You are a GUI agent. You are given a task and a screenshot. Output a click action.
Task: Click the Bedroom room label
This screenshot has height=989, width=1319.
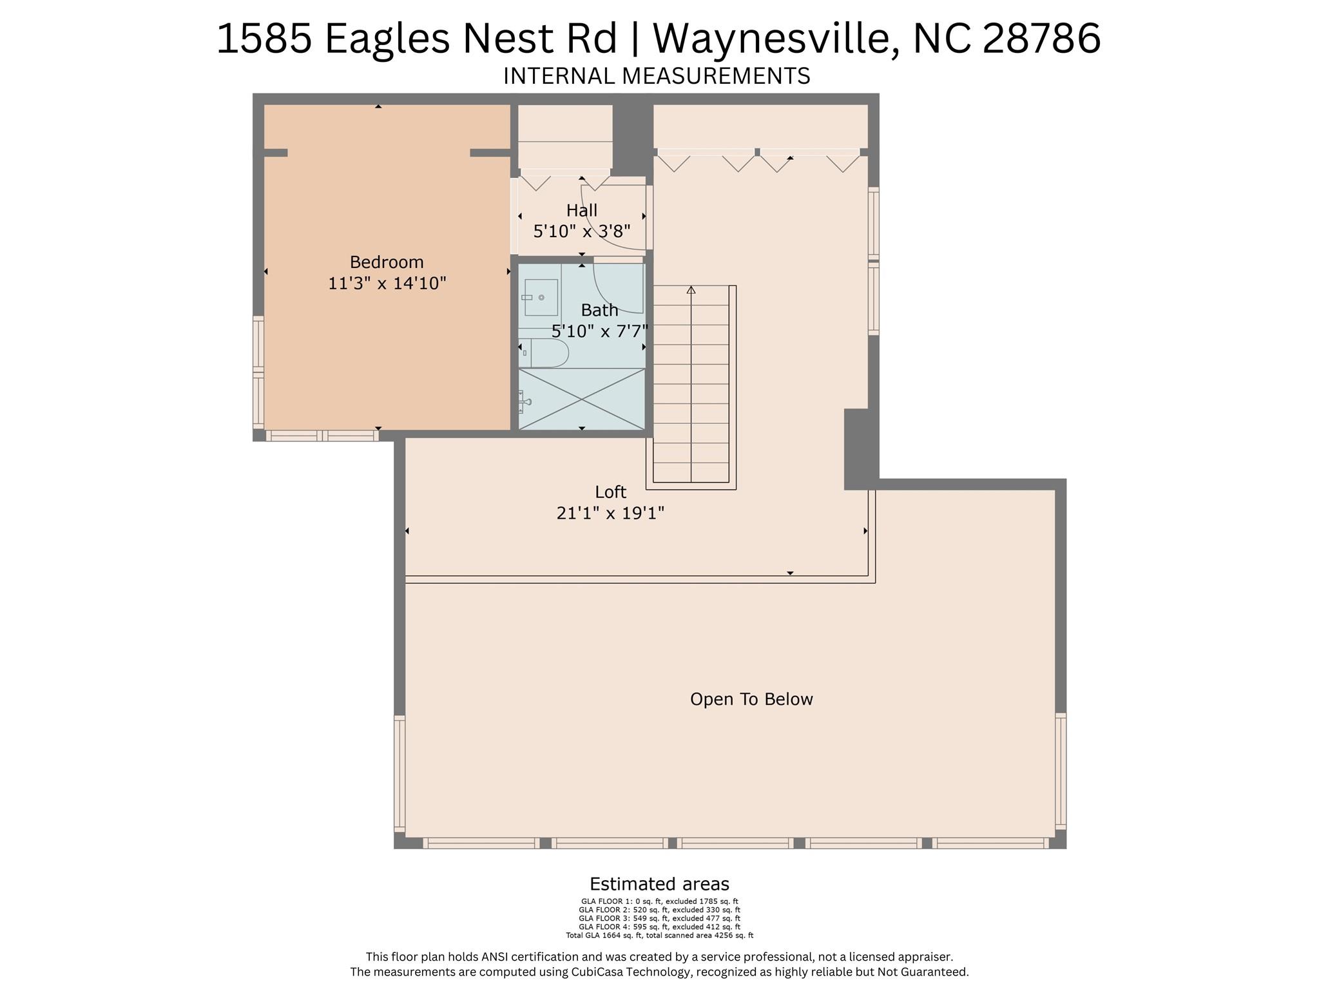click(x=387, y=262)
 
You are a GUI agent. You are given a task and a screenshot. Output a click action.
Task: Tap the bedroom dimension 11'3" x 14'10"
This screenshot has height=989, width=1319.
click(x=387, y=283)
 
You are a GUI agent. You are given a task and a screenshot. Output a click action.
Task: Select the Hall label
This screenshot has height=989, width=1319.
click(x=582, y=211)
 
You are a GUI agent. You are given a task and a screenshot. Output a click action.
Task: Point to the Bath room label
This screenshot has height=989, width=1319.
click(x=599, y=311)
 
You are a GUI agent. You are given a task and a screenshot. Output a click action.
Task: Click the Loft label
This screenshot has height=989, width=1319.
click(x=610, y=492)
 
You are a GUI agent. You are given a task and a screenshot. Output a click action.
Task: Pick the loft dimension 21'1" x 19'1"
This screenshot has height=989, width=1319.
click(x=610, y=514)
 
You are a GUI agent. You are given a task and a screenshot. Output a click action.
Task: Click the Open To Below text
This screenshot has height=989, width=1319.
click(x=751, y=700)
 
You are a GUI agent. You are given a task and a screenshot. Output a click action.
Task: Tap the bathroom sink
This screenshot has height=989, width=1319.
click(x=540, y=297)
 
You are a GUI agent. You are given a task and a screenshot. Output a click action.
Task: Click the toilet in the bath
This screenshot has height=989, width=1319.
click(x=544, y=353)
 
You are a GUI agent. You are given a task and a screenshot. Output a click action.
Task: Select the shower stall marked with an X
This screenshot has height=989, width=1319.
click(x=582, y=399)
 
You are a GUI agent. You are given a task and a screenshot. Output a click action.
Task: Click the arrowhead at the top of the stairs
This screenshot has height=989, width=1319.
click(x=691, y=290)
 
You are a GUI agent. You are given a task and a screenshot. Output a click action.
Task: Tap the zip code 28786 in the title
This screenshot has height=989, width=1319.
click(x=1042, y=38)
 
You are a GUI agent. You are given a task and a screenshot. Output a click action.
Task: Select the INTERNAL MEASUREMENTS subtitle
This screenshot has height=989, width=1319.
click(x=657, y=76)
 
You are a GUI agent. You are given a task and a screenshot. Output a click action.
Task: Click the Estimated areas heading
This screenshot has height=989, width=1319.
click(x=659, y=884)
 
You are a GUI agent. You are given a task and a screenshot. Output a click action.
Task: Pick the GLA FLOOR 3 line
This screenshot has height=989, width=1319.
click(x=659, y=918)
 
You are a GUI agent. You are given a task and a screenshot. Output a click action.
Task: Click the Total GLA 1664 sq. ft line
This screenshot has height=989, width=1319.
click(x=659, y=935)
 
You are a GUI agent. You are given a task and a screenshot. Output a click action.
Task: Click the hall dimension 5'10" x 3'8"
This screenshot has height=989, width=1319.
click(x=582, y=231)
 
